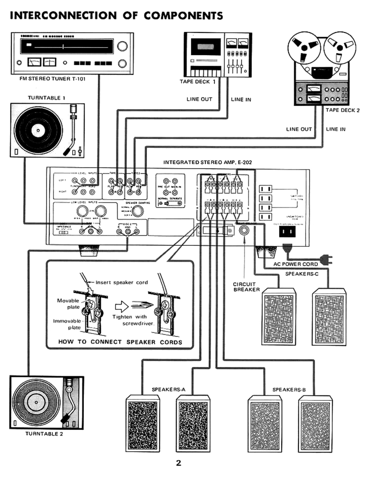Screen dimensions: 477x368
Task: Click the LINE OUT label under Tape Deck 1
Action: pos(199,99)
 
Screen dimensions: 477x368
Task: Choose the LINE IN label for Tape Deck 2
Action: pos(336,129)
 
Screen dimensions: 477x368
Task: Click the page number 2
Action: pos(179,463)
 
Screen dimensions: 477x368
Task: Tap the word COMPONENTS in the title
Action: pos(183,16)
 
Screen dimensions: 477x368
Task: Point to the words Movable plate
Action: pos(68,304)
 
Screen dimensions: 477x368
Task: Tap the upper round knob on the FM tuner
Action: pos(123,46)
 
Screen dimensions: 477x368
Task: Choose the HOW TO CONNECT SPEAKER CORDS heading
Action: pos(120,342)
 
